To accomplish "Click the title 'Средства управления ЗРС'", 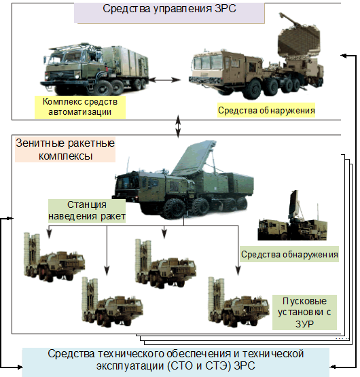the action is click(x=169, y=9).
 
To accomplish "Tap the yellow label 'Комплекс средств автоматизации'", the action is click(x=80, y=107).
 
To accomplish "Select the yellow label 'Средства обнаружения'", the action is click(x=266, y=110).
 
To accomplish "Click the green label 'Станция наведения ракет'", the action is click(x=87, y=211).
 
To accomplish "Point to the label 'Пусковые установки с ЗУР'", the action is click(x=304, y=312).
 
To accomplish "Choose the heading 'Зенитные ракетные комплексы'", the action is click(x=65, y=149).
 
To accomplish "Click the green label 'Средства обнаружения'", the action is click(x=289, y=254).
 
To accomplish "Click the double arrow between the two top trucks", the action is click(x=164, y=80).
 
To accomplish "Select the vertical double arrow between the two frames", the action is click(x=178, y=126).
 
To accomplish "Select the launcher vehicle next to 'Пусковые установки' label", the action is click(x=238, y=303).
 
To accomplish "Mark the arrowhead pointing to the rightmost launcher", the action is click(x=238, y=270).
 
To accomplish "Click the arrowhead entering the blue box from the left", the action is click(x=19, y=367).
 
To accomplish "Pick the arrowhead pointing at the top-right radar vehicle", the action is click(x=344, y=56).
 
